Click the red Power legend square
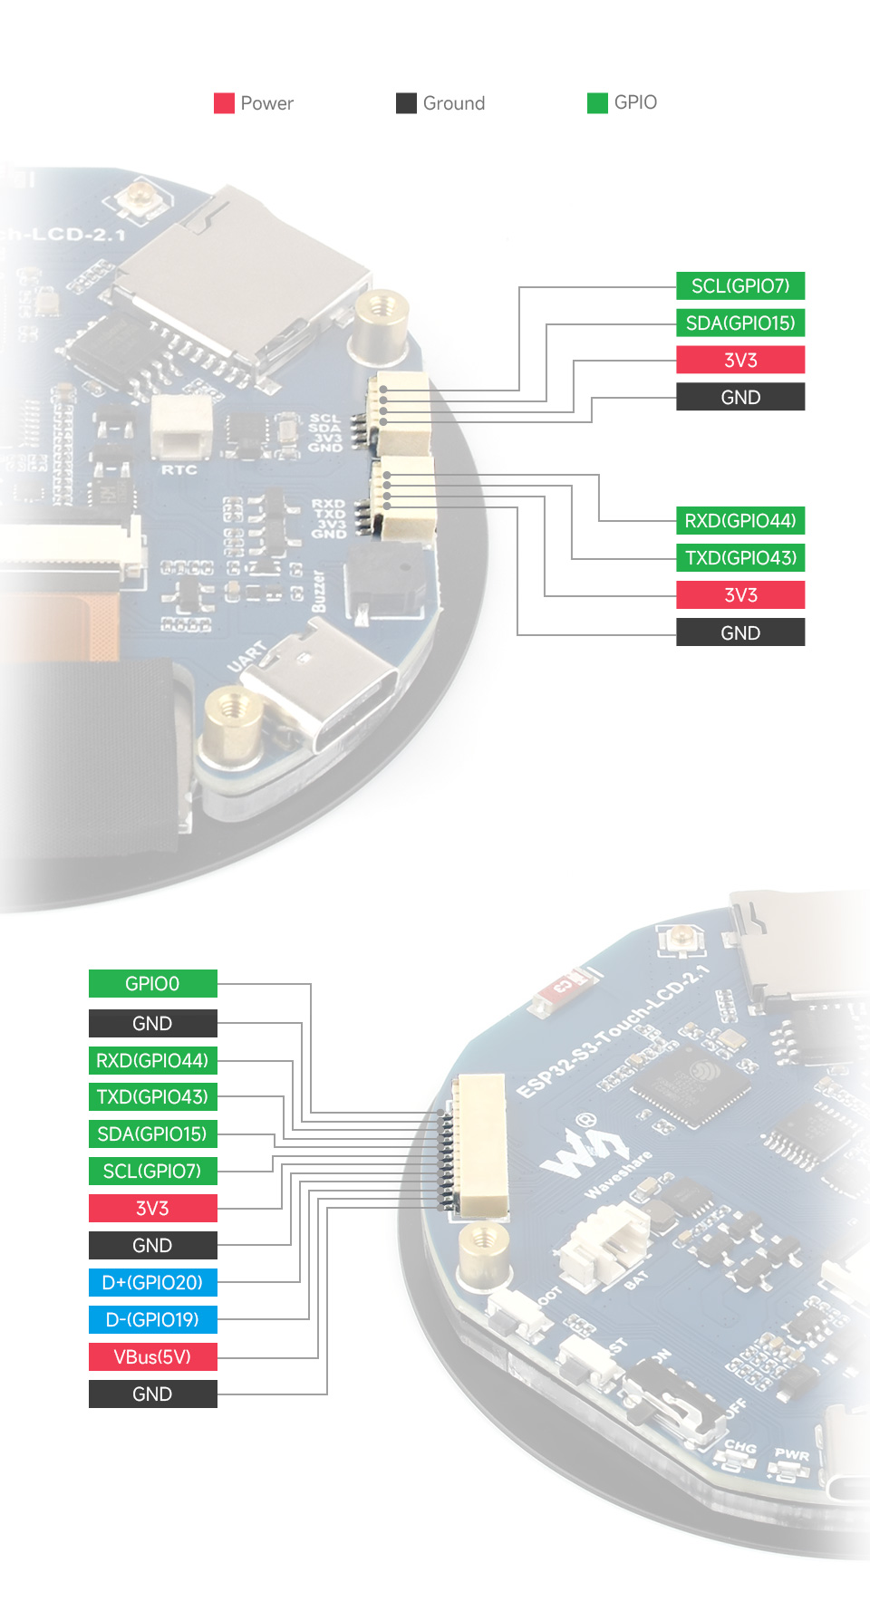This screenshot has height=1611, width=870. [x=224, y=103]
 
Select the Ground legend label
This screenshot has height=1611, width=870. [x=453, y=103]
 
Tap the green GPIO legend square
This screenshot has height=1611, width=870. [x=597, y=103]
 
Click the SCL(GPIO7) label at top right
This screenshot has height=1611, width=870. [x=740, y=286]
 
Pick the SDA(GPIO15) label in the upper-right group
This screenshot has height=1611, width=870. [x=740, y=323]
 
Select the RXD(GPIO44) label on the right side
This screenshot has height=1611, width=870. [x=740, y=521]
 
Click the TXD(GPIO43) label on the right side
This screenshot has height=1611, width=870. [x=740, y=558]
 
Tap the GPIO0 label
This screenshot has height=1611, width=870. [x=152, y=984]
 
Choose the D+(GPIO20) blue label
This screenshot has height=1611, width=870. [x=152, y=1283]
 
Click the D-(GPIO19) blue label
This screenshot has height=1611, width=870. [x=152, y=1320]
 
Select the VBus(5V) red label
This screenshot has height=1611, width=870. [x=152, y=1357]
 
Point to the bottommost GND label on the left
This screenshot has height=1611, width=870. [x=152, y=1394]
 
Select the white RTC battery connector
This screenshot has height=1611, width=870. [x=180, y=426]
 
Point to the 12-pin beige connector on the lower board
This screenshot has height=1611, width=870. [x=480, y=1146]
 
